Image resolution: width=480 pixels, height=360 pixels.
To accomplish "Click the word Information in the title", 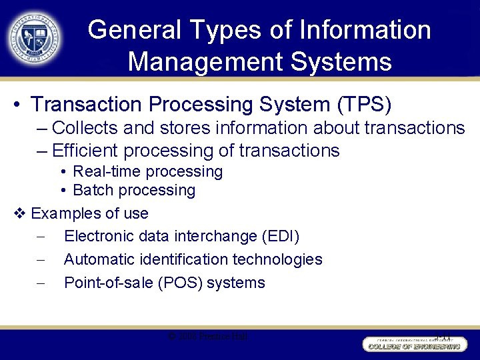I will click(x=366, y=30).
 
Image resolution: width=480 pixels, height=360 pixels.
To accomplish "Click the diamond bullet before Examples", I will click(x=19, y=214).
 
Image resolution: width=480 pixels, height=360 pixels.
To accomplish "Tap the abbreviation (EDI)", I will click(x=281, y=236).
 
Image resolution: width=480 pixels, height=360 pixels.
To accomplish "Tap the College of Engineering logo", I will click(x=412, y=343).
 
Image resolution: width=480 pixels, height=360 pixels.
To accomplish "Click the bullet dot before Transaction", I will click(x=17, y=105).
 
